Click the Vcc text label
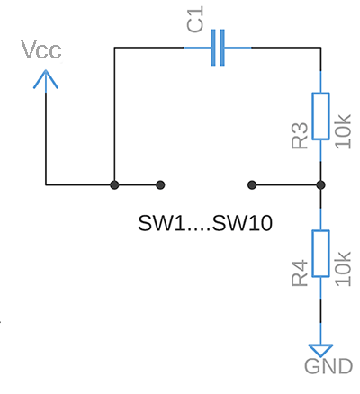click(41, 49)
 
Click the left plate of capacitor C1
click(213, 48)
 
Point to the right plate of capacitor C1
click(222, 48)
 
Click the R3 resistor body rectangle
click(320, 114)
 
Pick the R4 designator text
click(300, 273)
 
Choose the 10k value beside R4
click(343, 268)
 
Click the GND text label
click(328, 366)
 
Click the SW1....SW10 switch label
click(205, 222)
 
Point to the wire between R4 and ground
click(320, 315)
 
